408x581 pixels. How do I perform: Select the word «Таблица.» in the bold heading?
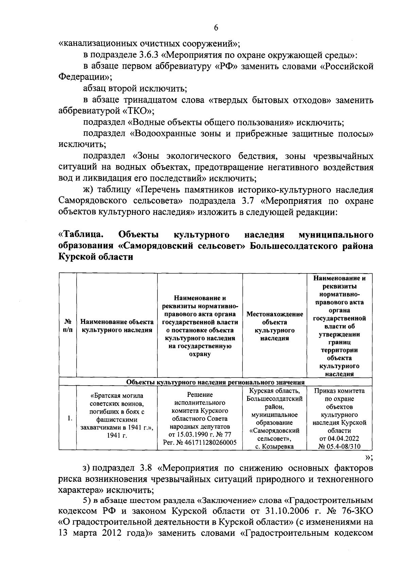pyautogui.click(x=81, y=235)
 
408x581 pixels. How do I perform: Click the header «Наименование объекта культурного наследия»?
pyautogui.click(x=117, y=325)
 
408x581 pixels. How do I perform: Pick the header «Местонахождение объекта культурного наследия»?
pyautogui.click(x=274, y=326)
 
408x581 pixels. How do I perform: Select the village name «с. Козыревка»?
pyautogui.click(x=274, y=446)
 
